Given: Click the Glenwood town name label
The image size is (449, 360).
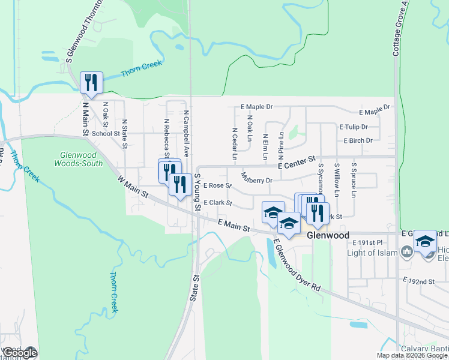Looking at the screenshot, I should (328, 236).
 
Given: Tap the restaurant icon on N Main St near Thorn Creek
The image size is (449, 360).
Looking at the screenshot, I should (91, 82).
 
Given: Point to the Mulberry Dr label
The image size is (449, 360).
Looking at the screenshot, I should (256, 179).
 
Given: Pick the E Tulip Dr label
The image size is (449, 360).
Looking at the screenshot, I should (353, 127).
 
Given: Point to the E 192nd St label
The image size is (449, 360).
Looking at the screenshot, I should (418, 281).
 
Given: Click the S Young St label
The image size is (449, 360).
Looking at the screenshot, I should (196, 192).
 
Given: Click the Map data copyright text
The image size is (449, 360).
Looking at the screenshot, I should (412, 355).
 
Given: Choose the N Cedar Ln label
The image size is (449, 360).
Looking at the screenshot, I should (234, 144).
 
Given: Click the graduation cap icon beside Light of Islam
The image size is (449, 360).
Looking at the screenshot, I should (425, 242).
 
